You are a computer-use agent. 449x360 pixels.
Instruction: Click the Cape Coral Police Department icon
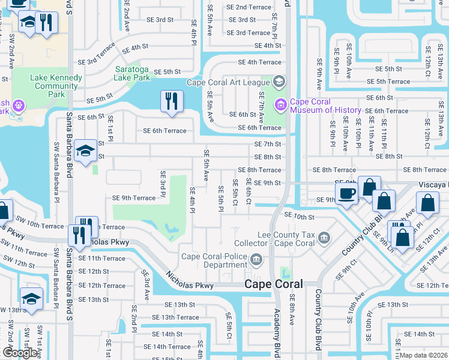pos(256,260)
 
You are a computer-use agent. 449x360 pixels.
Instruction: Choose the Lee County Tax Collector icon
pos(324,239)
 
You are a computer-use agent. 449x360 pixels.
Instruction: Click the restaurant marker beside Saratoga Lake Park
pos(172,101)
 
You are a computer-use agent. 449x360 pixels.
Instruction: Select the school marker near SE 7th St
pos(86,152)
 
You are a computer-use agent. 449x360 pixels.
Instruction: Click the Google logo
pos(20,353)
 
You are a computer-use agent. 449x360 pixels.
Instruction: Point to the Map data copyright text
pos(423,355)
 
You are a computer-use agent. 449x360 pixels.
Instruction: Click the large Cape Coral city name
pos(273,284)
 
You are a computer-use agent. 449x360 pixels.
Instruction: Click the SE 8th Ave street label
pos(292,310)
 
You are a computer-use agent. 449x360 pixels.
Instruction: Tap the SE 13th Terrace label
pos(175,317)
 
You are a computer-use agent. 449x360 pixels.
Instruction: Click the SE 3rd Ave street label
pos(146,285)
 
